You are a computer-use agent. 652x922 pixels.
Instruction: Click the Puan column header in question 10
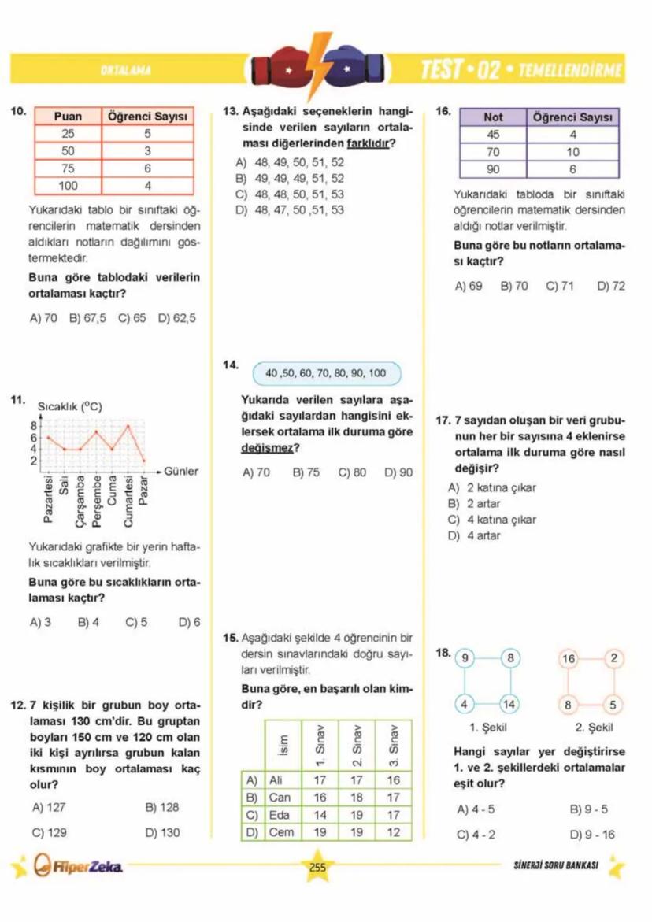pyautogui.click(x=68, y=117)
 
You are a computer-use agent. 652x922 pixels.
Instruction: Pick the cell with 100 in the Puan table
pyautogui.click(x=68, y=186)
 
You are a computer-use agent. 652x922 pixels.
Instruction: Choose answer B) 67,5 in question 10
pyautogui.click(x=87, y=319)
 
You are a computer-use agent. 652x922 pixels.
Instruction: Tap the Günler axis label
pyautogui.click(x=180, y=472)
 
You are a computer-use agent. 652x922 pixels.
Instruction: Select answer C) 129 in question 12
pyautogui.click(x=49, y=831)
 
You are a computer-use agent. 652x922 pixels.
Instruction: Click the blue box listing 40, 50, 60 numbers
pyautogui.click(x=326, y=373)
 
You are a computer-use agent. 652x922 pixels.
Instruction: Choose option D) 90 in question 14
pyautogui.click(x=398, y=472)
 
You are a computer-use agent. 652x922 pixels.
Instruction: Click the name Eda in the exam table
pyautogui.click(x=280, y=815)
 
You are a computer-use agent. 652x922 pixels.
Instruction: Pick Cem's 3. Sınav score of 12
pyautogui.click(x=394, y=831)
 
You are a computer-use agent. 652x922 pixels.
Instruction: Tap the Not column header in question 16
pyautogui.click(x=493, y=117)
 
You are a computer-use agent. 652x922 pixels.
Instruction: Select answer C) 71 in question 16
pyautogui.click(x=560, y=287)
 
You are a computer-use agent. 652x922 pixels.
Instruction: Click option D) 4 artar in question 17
pyautogui.click(x=474, y=536)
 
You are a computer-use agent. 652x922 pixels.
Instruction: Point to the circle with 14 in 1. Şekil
pyautogui.click(x=509, y=703)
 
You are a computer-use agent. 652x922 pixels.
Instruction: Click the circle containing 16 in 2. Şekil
pyautogui.click(x=569, y=658)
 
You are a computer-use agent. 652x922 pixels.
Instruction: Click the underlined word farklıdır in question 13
pyautogui.click(x=376, y=143)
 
